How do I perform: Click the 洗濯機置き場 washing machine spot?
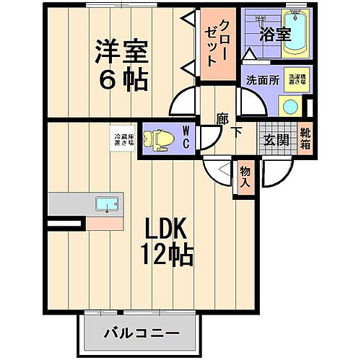pos(295,79)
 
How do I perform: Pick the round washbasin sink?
pos(290,107)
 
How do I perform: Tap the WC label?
pos(186,137)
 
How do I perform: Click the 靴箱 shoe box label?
pos(305,137)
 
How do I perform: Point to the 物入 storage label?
pos(245,177)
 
